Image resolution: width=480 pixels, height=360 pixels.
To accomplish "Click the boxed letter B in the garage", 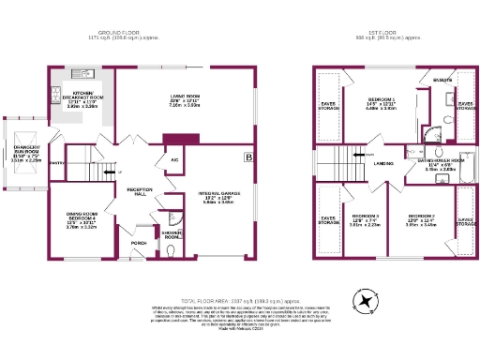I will click(247, 157).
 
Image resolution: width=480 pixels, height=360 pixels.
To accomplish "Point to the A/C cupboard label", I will click(174, 159).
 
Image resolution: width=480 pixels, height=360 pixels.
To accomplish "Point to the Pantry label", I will click(57, 164).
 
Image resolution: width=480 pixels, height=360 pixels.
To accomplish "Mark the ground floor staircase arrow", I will click(109, 174).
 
